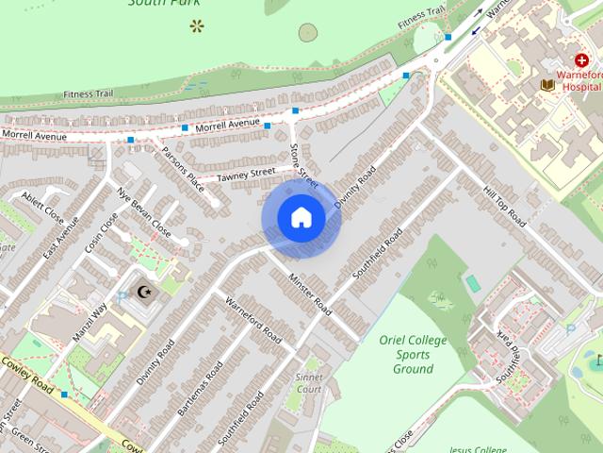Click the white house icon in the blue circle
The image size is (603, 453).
click(301, 218)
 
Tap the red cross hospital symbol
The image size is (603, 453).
click(581, 60)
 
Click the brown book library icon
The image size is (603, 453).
click(546, 85)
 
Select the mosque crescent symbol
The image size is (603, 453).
click(144, 293)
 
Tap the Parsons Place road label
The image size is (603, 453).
click(181, 166)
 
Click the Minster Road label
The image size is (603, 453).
click(311, 294)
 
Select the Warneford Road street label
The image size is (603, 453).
click(253, 322)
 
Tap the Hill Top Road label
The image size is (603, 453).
click(503, 205)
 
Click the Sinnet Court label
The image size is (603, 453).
click(308, 382)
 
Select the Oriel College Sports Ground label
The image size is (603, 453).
click(413, 354)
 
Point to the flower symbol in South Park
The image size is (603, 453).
click(196, 25)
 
